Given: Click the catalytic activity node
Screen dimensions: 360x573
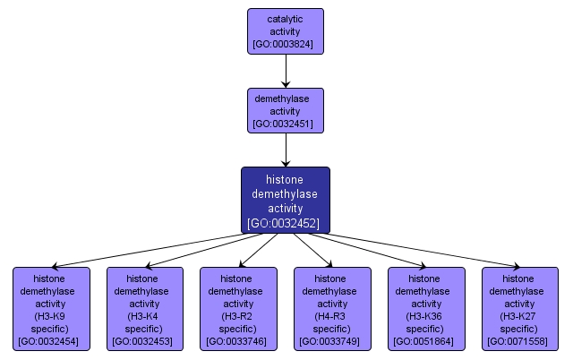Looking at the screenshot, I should (x=286, y=30).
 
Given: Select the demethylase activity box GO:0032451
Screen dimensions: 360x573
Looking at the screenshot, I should (x=286, y=110).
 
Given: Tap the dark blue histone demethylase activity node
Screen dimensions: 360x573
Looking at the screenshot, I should (x=286, y=200).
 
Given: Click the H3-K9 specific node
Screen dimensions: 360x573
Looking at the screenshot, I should (x=51, y=308).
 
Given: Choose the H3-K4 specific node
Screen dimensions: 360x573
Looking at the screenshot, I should (x=145, y=308).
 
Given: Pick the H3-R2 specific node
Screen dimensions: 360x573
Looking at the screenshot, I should (x=238, y=308).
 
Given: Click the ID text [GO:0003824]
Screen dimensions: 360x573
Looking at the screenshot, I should (x=286, y=44).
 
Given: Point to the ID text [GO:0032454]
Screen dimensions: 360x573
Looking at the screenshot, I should (x=51, y=341).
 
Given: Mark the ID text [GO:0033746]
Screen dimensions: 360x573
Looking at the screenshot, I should (x=238, y=341).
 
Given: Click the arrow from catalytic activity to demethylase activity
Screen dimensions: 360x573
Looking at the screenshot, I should (x=286, y=70).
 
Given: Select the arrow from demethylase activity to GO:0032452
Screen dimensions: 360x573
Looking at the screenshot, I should (x=286, y=150).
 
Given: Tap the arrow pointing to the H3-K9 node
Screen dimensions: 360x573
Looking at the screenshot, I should (x=143, y=251).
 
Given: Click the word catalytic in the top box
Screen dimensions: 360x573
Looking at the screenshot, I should (x=286, y=17).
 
